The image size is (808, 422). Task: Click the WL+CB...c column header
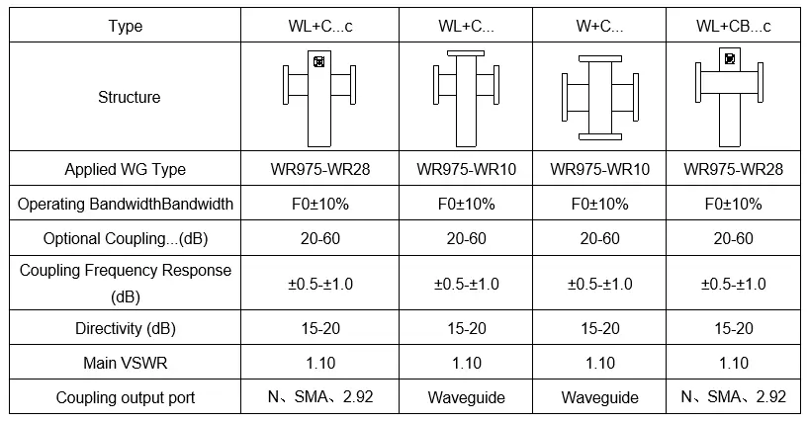point(733,26)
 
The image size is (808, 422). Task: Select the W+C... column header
point(599,26)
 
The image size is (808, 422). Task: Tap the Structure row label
point(130,97)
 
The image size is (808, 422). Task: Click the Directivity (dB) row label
point(126,328)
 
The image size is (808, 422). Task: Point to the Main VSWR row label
point(126,363)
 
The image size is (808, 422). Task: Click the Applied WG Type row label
point(126,169)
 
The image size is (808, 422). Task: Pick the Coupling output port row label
point(126,398)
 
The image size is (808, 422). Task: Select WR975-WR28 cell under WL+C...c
point(320,169)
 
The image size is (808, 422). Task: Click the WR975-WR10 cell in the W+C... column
point(599,169)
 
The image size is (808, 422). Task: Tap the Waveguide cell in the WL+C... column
point(467,398)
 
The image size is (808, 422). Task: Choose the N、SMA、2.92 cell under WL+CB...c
point(733,396)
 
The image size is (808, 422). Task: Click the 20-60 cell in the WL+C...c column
point(320,239)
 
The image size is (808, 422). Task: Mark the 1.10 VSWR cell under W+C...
point(599,364)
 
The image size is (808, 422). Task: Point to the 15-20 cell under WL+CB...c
point(733,328)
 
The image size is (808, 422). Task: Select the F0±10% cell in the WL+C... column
point(467,205)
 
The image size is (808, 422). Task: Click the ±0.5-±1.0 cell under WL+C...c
point(320,284)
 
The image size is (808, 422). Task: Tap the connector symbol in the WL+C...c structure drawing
point(319,62)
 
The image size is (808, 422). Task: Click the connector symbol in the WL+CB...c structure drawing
point(730,58)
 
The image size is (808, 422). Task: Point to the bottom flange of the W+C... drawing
point(599,137)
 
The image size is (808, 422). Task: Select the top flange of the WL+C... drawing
point(466,53)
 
